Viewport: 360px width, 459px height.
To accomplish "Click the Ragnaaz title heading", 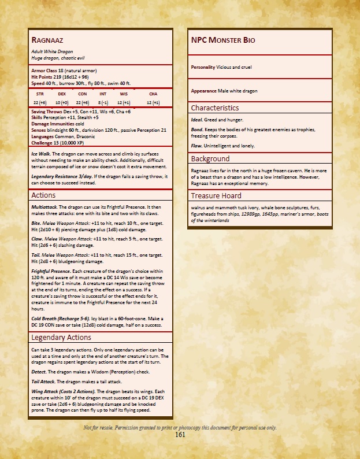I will tap(47, 40).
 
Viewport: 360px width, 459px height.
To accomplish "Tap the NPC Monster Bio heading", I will tap(222, 40).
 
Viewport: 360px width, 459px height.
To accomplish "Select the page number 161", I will tap(180, 435).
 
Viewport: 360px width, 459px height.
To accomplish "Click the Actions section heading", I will tap(43, 195).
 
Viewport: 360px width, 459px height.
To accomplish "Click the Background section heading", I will tap(210, 158).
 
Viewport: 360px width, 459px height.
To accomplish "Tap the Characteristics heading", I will tap(214, 108).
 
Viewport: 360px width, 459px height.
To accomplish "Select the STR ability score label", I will tap(40, 93).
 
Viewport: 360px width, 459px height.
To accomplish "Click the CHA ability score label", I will tap(153, 93).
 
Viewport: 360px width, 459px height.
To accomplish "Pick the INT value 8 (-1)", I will tap(103, 102).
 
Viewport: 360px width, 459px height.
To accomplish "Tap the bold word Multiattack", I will tap(43, 206).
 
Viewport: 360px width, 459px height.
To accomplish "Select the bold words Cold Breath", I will tap(44, 319).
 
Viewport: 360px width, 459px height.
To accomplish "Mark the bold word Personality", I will tap(203, 67).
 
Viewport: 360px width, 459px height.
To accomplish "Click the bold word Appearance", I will tap(203, 91).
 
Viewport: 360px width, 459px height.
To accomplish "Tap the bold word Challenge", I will tap(43, 141).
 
